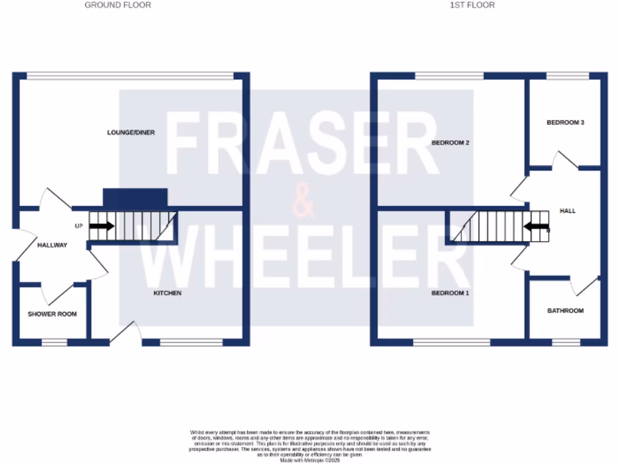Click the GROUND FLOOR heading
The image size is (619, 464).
(x=118, y=5)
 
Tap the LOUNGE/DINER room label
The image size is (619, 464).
(x=131, y=132)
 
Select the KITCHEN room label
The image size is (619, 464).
(x=167, y=293)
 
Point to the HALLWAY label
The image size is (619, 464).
(x=52, y=245)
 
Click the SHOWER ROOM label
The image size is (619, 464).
(x=53, y=314)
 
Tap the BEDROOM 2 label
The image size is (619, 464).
(x=450, y=143)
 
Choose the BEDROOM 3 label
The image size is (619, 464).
(x=565, y=123)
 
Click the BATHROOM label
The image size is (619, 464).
(x=565, y=311)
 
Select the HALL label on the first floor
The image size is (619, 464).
(x=568, y=211)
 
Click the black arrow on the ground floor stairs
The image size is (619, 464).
(x=101, y=227)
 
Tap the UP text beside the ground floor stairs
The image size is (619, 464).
(x=79, y=227)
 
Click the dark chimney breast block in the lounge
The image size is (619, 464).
(x=135, y=198)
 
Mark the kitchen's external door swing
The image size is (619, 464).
(x=128, y=332)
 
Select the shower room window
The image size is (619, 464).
(x=54, y=343)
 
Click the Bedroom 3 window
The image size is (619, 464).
(x=567, y=76)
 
